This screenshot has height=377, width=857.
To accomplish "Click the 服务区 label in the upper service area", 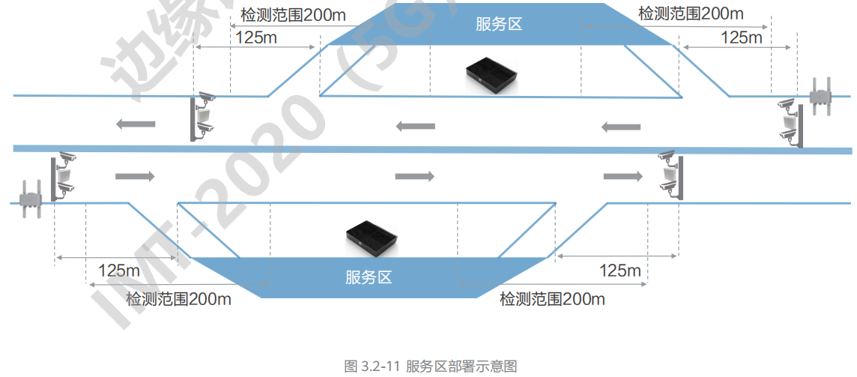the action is tap(499, 24).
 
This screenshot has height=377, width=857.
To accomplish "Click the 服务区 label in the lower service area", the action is tap(369, 277).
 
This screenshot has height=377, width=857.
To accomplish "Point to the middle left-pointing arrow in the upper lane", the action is tap(415, 125).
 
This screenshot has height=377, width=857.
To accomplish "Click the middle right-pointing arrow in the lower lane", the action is tap(414, 176).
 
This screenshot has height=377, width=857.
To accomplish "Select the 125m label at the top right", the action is tap(741, 37).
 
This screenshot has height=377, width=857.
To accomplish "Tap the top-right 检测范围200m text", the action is tap(691, 13).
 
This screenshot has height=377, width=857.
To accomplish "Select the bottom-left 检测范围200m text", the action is tap(178, 299).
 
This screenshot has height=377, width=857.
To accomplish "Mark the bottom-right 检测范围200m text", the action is tap(552, 299).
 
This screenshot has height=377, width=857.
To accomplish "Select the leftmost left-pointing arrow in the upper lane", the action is tap(136, 124).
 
